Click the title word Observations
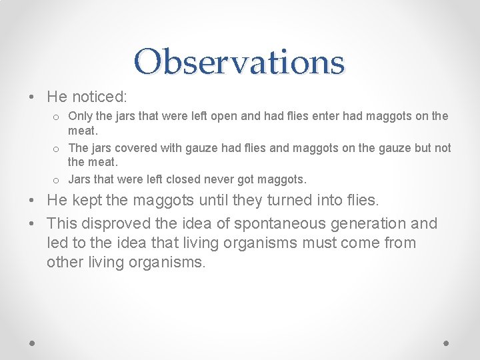(x=239, y=61)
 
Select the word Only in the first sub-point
(x=81, y=117)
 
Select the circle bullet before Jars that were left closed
(x=57, y=180)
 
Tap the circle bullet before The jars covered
(x=57, y=149)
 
